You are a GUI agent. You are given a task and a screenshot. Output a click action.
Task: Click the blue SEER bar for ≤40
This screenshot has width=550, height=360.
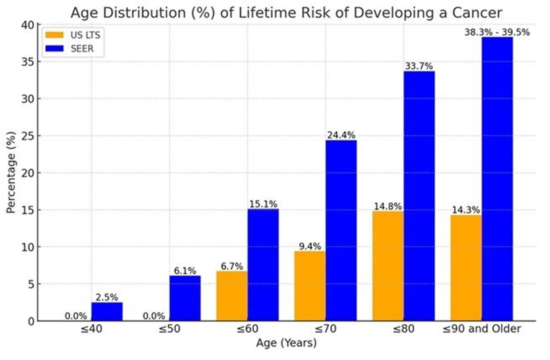pos(107,311)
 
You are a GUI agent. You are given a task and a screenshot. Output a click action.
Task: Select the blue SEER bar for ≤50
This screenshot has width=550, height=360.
pos(185,298)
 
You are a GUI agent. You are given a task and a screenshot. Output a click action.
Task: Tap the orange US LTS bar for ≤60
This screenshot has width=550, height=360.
pos(232,296)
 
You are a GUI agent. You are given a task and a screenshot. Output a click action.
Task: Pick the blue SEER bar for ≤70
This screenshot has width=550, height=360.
pos(341,230)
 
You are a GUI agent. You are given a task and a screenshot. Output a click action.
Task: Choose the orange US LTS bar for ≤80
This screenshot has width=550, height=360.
pos(388,266)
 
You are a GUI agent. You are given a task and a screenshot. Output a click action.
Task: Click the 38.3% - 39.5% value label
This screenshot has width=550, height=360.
pos(497,32)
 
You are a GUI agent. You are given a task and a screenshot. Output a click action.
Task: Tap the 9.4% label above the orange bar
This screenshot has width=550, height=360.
pos(310,246)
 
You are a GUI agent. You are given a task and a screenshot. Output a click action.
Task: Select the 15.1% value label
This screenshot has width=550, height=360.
pos(263,204)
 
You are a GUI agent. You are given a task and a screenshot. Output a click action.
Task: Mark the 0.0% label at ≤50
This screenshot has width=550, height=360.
pos(154,316)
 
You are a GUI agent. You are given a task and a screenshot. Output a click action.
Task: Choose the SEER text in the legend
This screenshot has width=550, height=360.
pos(82,49)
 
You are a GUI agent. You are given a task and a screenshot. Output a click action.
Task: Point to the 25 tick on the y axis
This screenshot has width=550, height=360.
pos(27,136)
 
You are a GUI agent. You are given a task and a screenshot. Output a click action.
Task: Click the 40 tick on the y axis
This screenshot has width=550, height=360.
pos(27,25)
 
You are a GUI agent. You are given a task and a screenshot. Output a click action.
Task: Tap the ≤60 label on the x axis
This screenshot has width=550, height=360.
pos(247,329)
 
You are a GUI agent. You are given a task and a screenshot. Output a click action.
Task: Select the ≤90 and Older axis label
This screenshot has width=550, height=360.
pos(482,329)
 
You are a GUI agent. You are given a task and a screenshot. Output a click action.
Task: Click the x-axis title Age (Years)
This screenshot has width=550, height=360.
pos(286,343)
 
